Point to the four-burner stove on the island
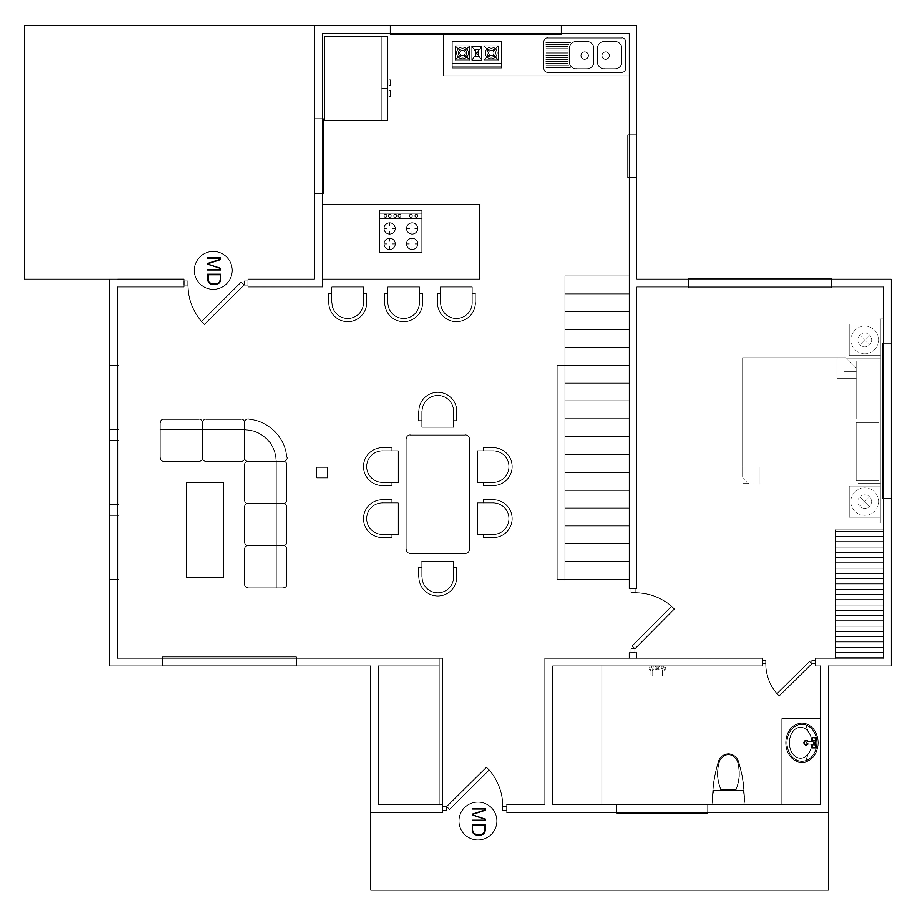pyautogui.click(x=401, y=231)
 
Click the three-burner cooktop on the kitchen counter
pyautogui.click(x=477, y=54)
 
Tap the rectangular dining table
pyautogui.click(x=438, y=494)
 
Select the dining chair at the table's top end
pyautogui.click(x=438, y=410)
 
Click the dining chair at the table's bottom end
pyautogui.click(x=438, y=578)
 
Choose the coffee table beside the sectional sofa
pyautogui.click(x=205, y=530)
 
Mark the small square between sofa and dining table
pyautogui.click(x=322, y=473)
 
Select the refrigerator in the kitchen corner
pyautogui.click(x=356, y=79)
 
